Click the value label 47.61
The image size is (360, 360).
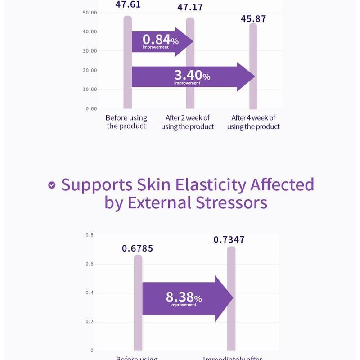tap(128, 5)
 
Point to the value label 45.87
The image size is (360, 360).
tap(253, 19)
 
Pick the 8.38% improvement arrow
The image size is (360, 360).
tap(184, 298)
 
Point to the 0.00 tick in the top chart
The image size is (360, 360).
tap(91, 108)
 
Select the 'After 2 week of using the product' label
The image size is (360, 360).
tap(187, 122)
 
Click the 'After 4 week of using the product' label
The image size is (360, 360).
tap(253, 122)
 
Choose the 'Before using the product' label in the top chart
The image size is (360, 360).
tap(126, 122)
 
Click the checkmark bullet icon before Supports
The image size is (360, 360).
tap(52, 184)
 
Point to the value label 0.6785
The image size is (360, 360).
tap(138, 248)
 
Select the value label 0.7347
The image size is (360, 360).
tap(229, 239)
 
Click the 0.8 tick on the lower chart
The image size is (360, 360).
tap(90, 235)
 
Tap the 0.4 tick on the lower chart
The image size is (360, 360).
tap(90, 293)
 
